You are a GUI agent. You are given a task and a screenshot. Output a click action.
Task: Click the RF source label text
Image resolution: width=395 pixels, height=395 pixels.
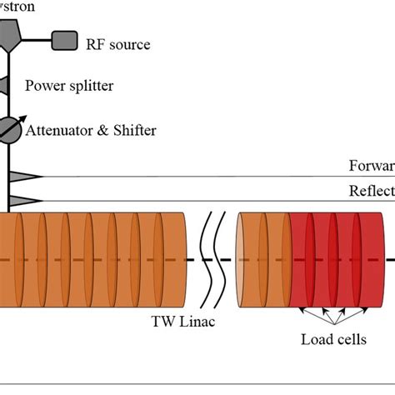point(118,44)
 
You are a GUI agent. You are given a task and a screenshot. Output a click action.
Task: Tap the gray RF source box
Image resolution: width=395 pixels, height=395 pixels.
point(64,39)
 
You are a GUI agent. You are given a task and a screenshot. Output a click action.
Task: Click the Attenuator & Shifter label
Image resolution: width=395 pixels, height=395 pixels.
point(91,130)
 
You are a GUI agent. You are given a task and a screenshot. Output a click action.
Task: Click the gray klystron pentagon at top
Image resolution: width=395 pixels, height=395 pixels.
point(10,31)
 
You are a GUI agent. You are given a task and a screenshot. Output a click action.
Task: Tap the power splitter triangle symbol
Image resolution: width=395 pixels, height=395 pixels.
point(4,86)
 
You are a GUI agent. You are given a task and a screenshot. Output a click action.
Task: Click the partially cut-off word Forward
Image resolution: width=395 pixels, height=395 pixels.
point(371,165)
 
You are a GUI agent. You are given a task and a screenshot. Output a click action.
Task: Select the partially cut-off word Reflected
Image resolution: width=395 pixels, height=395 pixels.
point(371,192)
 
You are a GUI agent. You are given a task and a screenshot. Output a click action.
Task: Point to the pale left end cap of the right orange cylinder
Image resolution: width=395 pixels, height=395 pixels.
point(241,259)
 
